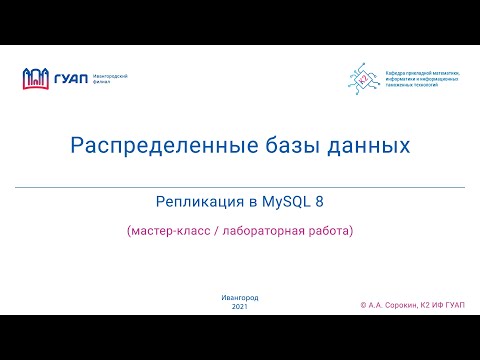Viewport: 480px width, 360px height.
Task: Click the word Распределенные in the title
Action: pos(144,146)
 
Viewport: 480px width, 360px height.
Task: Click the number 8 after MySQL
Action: pos(319,202)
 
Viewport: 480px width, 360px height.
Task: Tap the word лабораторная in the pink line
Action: pos(265,231)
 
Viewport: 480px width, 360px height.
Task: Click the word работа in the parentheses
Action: pos(330,231)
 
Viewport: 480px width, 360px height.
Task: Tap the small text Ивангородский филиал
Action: pos(109,79)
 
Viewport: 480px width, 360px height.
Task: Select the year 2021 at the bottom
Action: pos(240,306)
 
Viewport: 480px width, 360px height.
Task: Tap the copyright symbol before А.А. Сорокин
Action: pos(362,304)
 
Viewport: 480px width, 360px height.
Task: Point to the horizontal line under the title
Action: pos(240,187)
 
